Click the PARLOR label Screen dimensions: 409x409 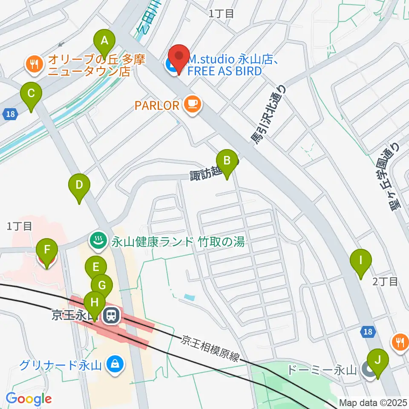[156, 105]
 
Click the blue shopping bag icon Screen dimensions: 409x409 [115, 365]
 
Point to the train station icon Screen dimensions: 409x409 [112, 315]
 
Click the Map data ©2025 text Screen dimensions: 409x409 [373, 403]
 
